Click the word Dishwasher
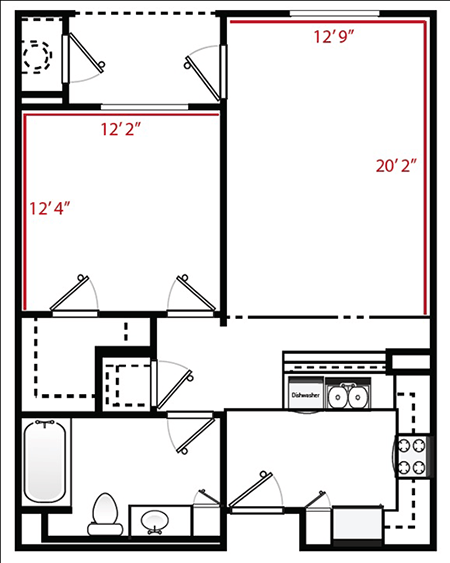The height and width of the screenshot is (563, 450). click(305, 395)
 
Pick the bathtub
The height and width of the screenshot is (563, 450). click(47, 466)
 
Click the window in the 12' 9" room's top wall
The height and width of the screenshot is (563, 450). click(325, 14)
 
